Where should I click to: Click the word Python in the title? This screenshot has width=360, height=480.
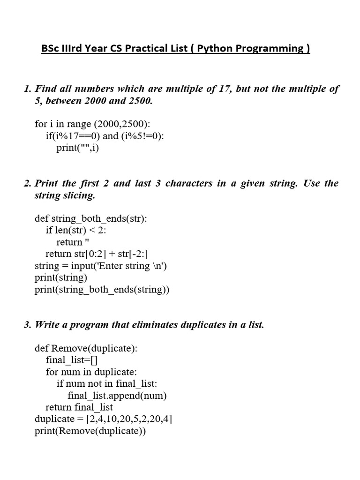pyautogui.click(x=219, y=49)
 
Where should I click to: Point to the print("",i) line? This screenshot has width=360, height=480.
pyautogui.click(x=78, y=148)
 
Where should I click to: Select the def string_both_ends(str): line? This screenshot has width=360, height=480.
pyautogui.click(x=91, y=219)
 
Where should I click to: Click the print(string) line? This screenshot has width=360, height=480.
pyautogui.click(x=61, y=278)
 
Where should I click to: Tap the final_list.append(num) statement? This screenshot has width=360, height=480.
pyautogui.click(x=117, y=396)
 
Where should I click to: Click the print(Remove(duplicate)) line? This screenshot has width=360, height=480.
pyautogui.click(x=90, y=431)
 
